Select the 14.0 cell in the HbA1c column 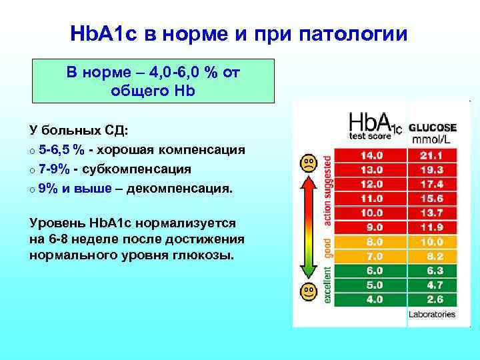tap(371, 155)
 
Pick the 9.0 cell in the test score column tap(371, 227)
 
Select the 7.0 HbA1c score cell tap(371, 256)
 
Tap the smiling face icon tap(308, 291)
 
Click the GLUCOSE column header tap(433, 127)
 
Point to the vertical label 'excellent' tap(327, 284)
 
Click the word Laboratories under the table tap(432, 314)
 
